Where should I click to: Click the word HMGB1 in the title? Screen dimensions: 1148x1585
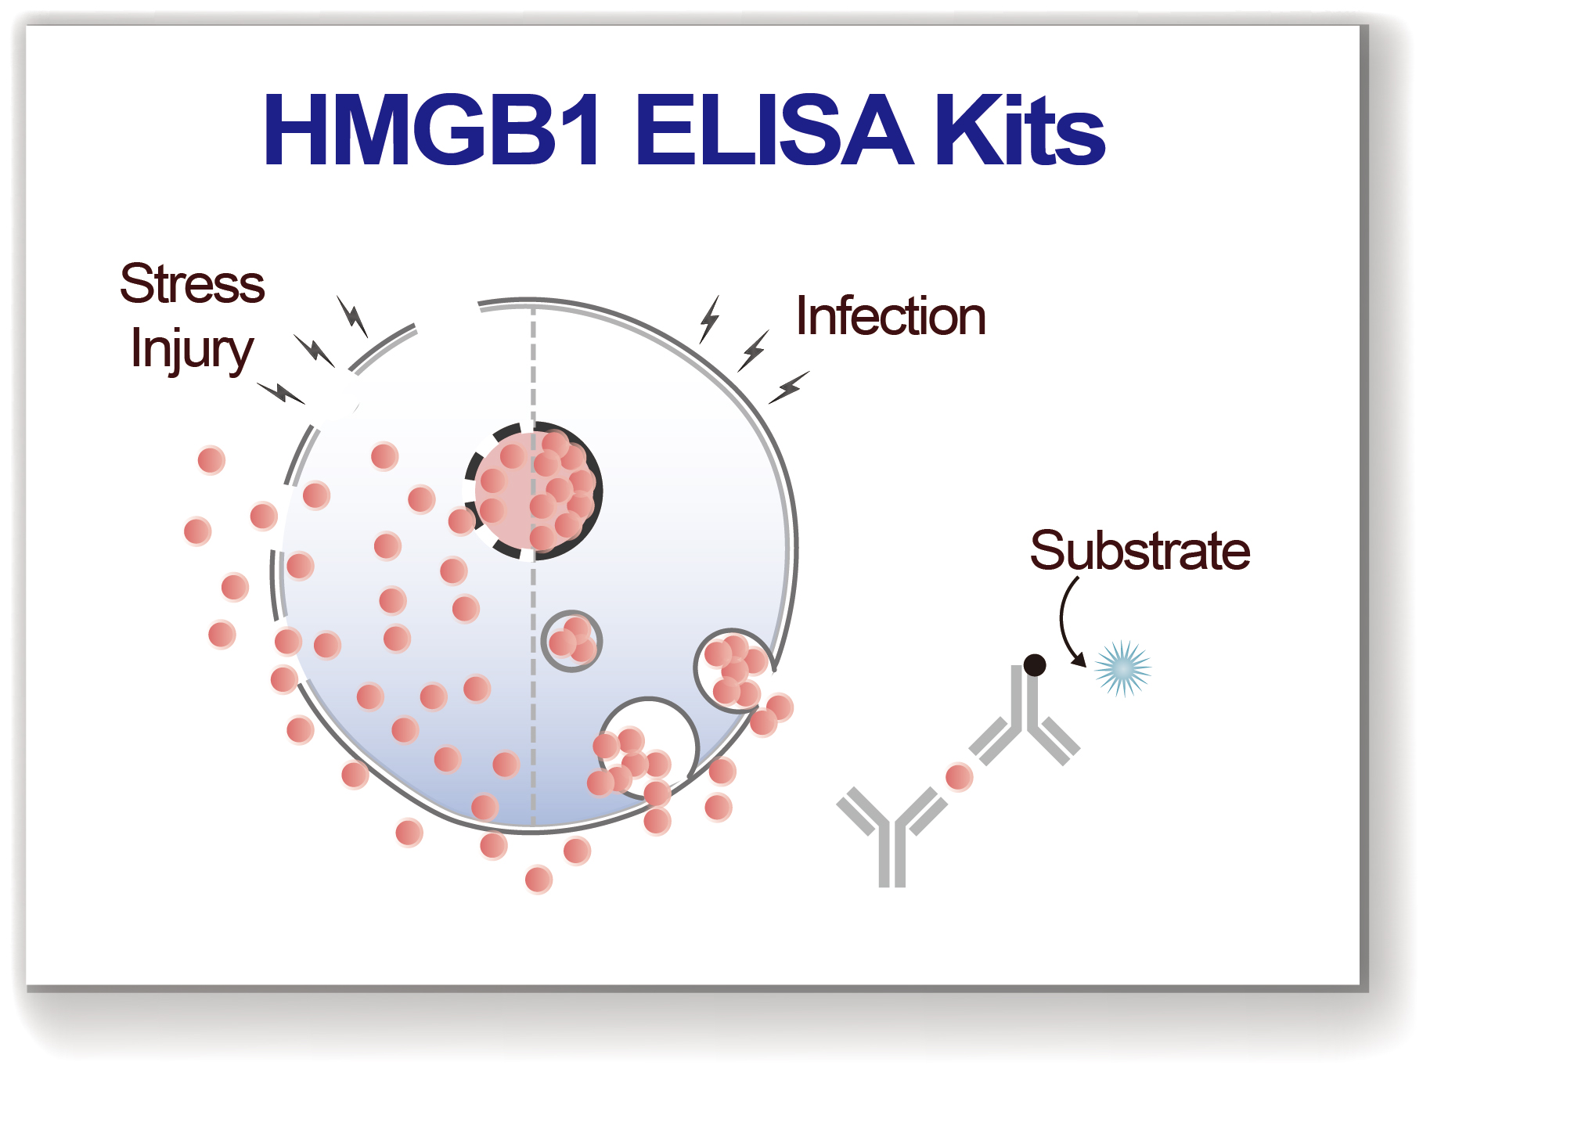432,130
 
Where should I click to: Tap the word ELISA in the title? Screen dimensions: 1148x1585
773,130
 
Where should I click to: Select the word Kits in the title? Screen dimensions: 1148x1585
1019,130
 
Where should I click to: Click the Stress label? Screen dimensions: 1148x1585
192,283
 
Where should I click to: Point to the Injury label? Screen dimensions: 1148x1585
192,349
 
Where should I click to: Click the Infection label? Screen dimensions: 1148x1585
890,316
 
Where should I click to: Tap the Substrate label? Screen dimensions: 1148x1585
1139,550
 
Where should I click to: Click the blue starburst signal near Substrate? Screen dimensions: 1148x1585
1122,668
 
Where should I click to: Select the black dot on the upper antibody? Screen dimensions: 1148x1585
1034,665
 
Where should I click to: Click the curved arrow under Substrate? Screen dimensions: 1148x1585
1066,622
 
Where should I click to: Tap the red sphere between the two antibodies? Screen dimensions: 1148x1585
959,777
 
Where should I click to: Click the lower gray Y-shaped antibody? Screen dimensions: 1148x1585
892,833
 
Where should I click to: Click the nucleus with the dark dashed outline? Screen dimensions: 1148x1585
535,491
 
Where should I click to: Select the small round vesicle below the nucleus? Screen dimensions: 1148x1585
571,641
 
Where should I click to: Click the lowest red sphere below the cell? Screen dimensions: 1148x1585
539,879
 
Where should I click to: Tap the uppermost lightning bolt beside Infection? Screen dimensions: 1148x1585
709,318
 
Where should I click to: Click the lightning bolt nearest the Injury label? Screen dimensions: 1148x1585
280,391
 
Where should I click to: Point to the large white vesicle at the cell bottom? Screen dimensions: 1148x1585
650,743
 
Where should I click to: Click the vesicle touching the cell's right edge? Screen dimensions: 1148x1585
734,670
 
